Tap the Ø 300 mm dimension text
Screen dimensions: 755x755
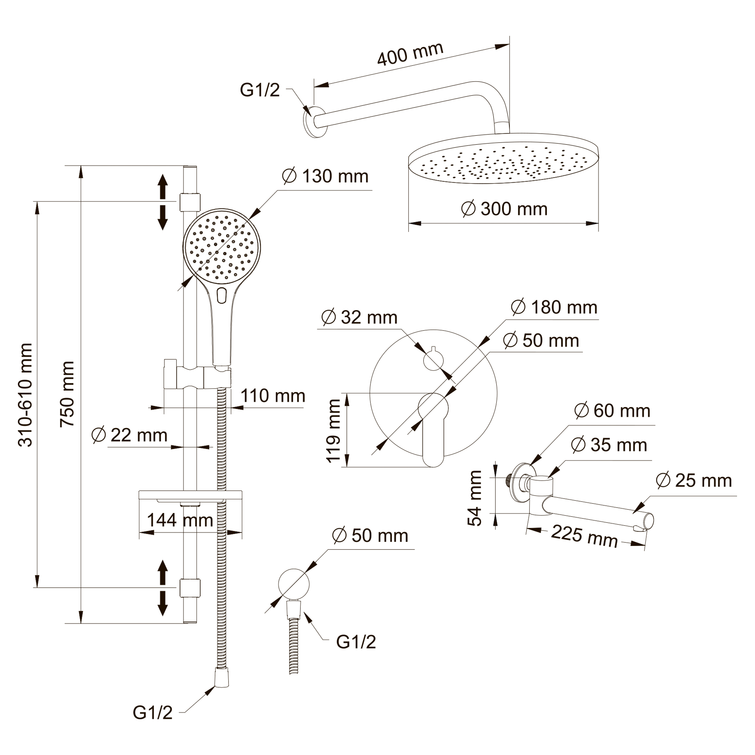point(504,209)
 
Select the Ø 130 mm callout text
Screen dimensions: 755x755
point(325,177)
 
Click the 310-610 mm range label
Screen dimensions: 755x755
point(26,395)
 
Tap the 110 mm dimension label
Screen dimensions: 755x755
point(273,396)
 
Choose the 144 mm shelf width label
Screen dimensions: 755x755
point(180,520)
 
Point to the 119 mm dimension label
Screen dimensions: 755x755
point(334,431)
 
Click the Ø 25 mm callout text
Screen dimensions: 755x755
point(694,481)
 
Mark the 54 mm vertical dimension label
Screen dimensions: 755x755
point(476,498)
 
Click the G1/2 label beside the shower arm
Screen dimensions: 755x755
point(260,90)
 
